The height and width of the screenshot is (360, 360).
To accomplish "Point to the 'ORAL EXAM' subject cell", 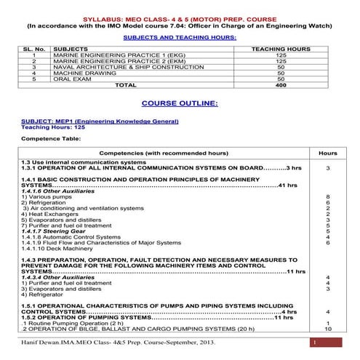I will (x=70, y=79).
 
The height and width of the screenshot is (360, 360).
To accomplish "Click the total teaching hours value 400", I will (x=281, y=85).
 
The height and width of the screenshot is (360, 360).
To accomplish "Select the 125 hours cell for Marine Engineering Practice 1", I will (x=281, y=55).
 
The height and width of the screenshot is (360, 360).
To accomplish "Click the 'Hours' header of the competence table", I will (x=328, y=153).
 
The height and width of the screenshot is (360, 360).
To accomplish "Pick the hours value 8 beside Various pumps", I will (x=328, y=196).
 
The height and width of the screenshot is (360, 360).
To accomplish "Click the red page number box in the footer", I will (x=313, y=342).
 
